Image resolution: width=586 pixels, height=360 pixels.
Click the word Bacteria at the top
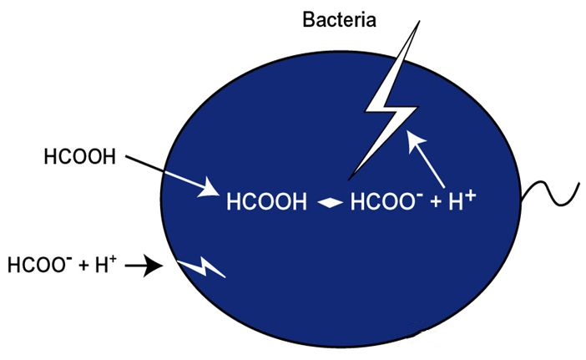[x=338, y=17]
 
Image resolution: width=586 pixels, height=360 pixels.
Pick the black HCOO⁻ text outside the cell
[x=38, y=266]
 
